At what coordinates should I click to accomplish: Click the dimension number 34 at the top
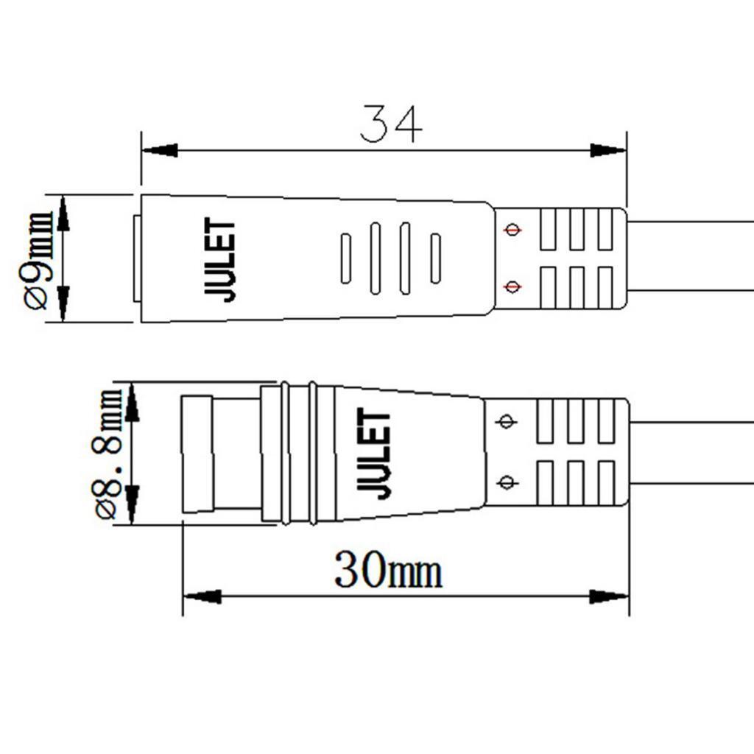[391, 124]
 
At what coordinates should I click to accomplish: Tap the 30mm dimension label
[388, 571]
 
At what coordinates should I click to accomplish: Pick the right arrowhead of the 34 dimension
[608, 150]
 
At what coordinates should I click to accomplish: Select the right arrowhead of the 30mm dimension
[610, 596]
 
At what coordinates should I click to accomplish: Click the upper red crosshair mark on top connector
[512, 230]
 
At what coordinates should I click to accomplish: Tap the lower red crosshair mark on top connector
[512, 286]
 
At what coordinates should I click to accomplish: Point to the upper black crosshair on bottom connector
[505, 422]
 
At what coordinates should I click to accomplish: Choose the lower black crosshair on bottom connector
[505, 482]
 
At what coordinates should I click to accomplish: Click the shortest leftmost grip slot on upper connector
[345, 258]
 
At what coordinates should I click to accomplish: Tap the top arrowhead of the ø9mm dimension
[63, 214]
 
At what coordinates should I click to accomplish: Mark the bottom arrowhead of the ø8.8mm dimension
[132, 504]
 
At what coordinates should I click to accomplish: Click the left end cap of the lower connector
[197, 454]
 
